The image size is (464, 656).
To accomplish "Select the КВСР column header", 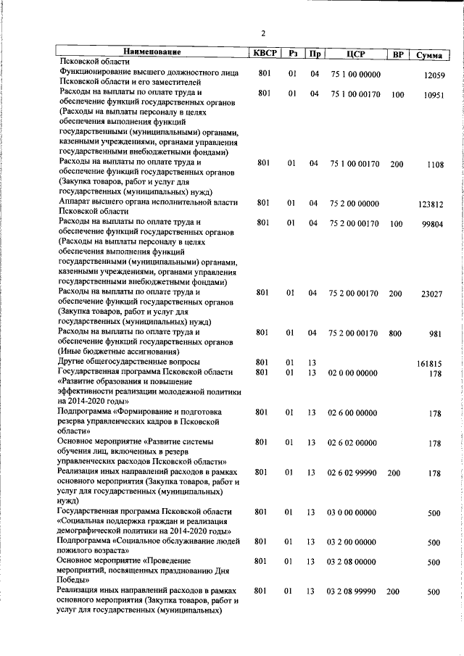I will point(263,53).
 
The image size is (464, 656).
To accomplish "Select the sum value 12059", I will point(433,75).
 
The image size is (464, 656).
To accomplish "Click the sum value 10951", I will point(433,95).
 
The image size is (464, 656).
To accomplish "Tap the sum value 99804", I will point(433,224).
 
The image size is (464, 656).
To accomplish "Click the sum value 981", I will point(435,334).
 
